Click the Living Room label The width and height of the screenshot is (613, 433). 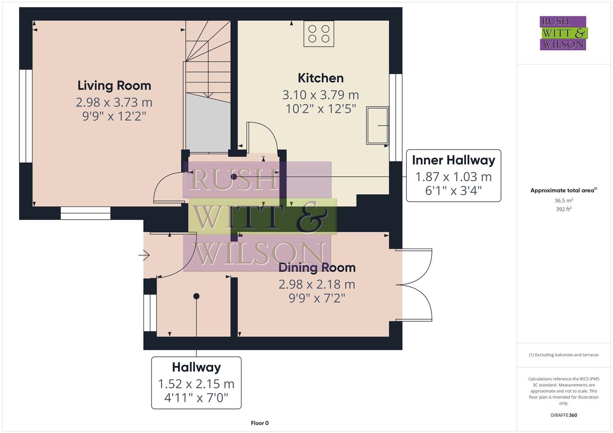[x=114, y=85]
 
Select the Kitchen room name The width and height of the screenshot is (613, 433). [x=320, y=78]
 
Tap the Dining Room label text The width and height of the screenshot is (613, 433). [x=317, y=267]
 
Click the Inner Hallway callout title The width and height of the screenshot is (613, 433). [x=453, y=160]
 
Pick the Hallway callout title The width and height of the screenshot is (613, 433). [x=196, y=367]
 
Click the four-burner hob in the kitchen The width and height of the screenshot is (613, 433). [x=319, y=34]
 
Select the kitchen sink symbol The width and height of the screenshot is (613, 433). [x=377, y=125]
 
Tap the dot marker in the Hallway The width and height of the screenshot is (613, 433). [x=196, y=296]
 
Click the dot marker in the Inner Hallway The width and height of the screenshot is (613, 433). [x=234, y=176]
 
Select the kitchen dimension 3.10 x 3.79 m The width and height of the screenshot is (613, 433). [x=320, y=95]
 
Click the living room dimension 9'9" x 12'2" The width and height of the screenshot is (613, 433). [x=114, y=116]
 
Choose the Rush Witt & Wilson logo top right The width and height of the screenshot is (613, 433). [x=563, y=33]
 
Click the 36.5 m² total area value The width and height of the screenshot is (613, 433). [x=563, y=200]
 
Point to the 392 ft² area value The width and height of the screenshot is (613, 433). [x=563, y=209]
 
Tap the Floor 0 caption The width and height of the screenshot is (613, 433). [x=260, y=423]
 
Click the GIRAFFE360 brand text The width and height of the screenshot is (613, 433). [x=563, y=415]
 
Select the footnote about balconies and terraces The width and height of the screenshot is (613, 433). [x=563, y=355]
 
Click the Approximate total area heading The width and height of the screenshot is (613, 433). [x=563, y=190]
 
